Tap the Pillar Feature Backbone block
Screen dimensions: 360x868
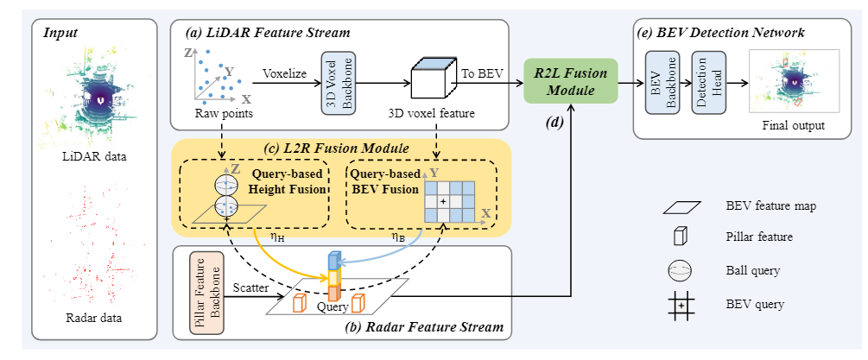[x=206, y=294]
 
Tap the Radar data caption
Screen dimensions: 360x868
[x=93, y=318]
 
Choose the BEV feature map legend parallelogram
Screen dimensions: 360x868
[x=681, y=206]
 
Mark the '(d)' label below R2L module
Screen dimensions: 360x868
[x=554, y=123]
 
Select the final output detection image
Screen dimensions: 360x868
[x=793, y=82]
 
